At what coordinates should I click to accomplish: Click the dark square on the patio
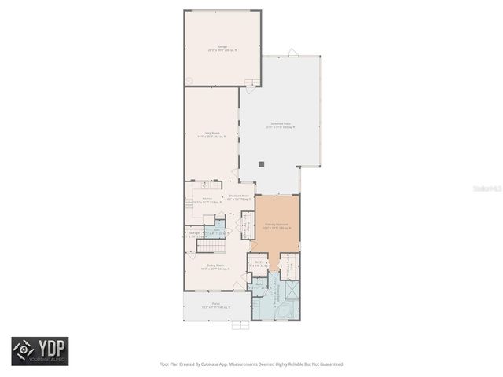[263, 164]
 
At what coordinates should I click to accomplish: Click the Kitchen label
[207, 199]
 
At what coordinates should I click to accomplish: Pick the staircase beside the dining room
[211, 246]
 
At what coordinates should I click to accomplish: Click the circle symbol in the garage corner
[189, 80]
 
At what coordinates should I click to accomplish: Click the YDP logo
[39, 351]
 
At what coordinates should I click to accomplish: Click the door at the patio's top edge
[293, 53]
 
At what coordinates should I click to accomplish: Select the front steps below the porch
[240, 324]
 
